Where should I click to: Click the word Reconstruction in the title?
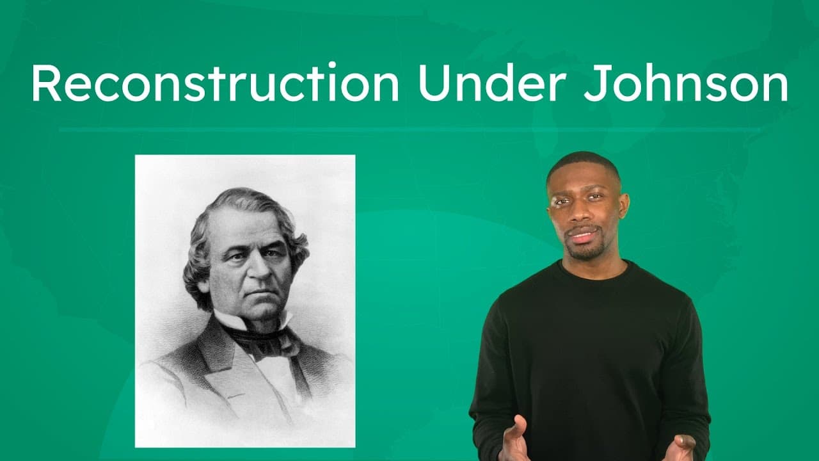click(x=215, y=84)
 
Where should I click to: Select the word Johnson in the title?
click(x=685, y=84)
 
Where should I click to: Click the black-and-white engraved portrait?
click(x=245, y=301)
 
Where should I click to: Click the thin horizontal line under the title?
click(x=409, y=130)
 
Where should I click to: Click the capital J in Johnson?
click(x=592, y=84)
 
